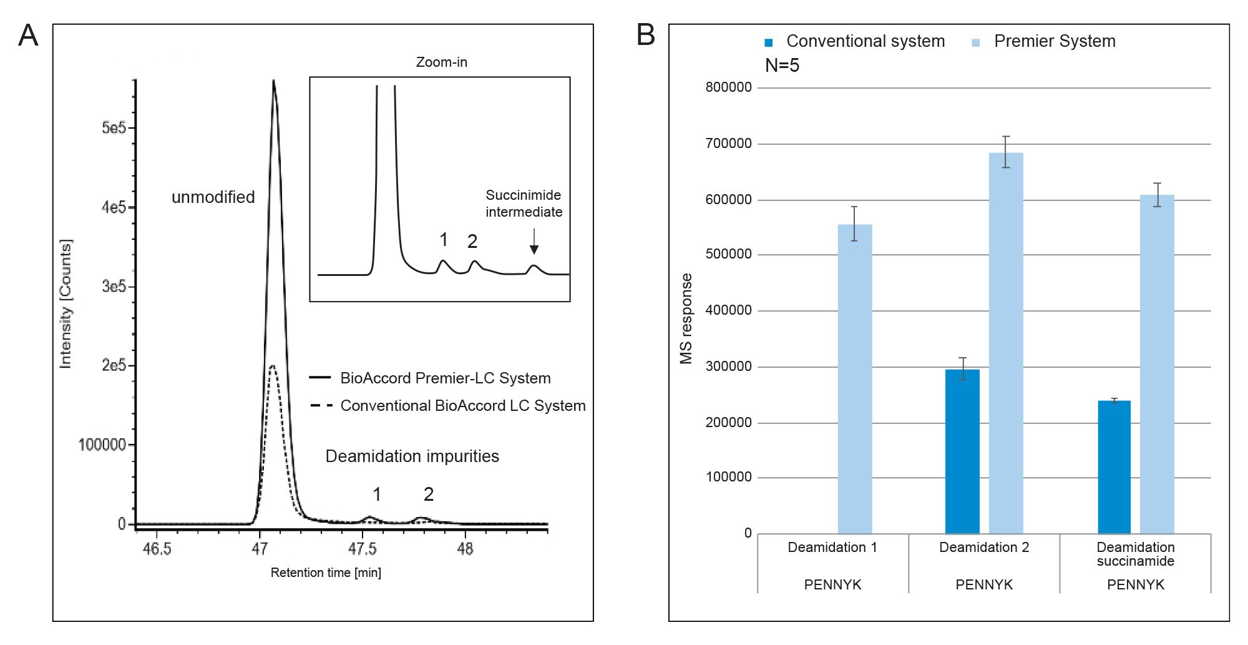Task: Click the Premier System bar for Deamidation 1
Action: (x=854, y=378)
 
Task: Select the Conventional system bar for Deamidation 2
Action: (x=962, y=451)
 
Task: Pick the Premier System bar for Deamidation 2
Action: (x=1006, y=343)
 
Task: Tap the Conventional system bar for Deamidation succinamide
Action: (x=1114, y=466)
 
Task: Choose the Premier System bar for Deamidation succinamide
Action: (x=1157, y=364)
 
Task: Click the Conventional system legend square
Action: (x=769, y=42)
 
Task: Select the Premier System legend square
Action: (x=976, y=42)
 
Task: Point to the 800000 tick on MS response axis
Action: (x=728, y=87)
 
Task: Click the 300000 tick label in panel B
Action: (x=728, y=367)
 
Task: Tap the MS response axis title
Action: (x=686, y=318)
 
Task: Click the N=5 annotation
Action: (x=782, y=65)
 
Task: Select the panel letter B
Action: (x=646, y=35)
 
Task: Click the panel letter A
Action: (x=28, y=35)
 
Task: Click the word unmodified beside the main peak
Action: (x=213, y=197)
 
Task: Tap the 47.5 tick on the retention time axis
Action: (x=362, y=548)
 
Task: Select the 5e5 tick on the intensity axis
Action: (x=114, y=128)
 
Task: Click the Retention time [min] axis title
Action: (x=326, y=573)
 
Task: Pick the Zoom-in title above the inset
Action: (x=441, y=62)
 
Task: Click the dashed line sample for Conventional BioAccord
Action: (x=321, y=406)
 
